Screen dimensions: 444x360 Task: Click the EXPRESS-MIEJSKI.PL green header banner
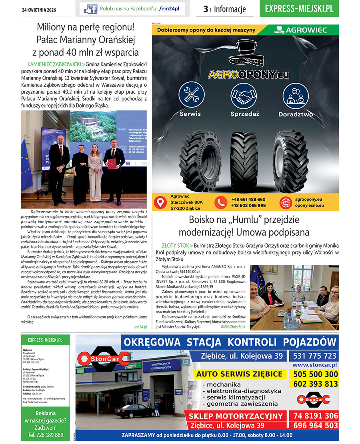[x=299, y=8]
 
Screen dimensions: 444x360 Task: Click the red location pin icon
[x=160, y=203]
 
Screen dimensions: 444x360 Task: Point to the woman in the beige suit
[x=96, y=172]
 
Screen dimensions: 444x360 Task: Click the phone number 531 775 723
[x=315, y=356]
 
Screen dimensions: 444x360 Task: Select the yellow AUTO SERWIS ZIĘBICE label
[x=239, y=374]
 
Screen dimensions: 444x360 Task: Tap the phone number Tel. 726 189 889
[x=46, y=435]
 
